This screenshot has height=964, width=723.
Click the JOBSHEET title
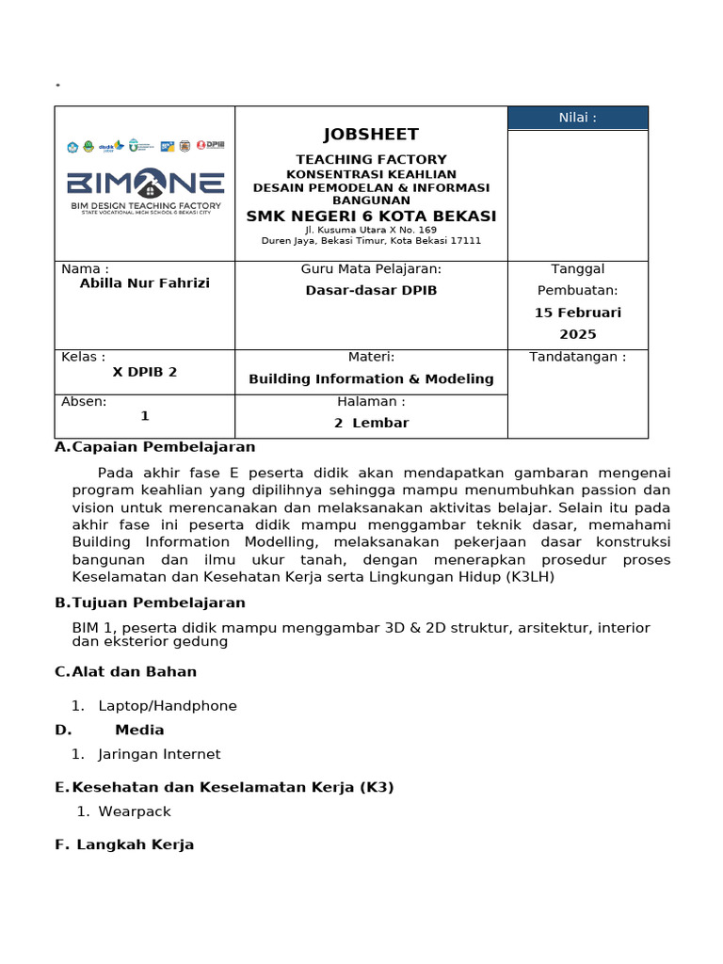click(371, 135)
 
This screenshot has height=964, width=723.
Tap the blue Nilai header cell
click(577, 118)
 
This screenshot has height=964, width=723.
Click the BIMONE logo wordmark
click(145, 183)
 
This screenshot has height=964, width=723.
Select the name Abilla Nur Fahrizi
click(145, 283)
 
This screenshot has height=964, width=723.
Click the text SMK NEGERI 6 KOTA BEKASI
click(371, 217)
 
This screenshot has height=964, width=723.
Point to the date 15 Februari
click(578, 313)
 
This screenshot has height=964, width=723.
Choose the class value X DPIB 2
click(145, 372)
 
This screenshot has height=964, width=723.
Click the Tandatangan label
click(577, 357)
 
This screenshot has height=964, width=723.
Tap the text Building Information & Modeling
click(371, 379)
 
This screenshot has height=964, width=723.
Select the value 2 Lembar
click(371, 424)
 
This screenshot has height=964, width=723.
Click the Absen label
click(85, 401)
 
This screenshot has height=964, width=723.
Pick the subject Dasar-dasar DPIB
click(371, 291)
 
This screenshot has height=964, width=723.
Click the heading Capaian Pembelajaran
click(164, 447)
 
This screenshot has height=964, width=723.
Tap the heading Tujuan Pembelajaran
click(158, 602)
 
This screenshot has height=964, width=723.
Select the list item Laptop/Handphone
click(168, 706)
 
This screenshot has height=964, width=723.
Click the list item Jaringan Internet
click(159, 754)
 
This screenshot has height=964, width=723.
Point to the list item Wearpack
click(135, 811)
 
